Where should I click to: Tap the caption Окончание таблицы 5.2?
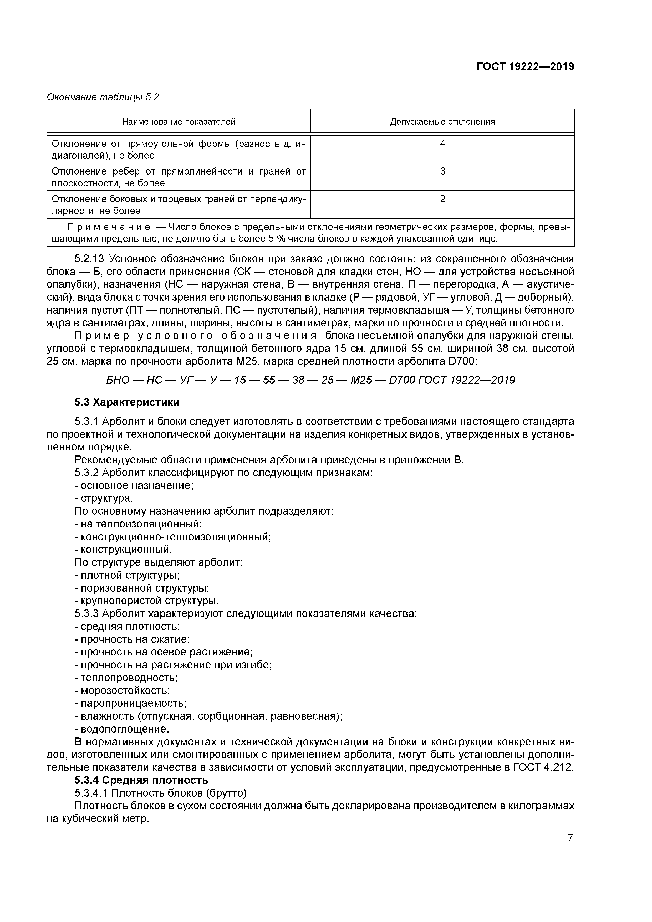pyautogui.click(x=103, y=97)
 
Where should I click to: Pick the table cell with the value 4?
pyautogui.click(x=442, y=144)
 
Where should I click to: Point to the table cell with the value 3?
pyautogui.click(x=442, y=171)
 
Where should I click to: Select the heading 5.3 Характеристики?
pyautogui.click(x=127, y=402)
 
